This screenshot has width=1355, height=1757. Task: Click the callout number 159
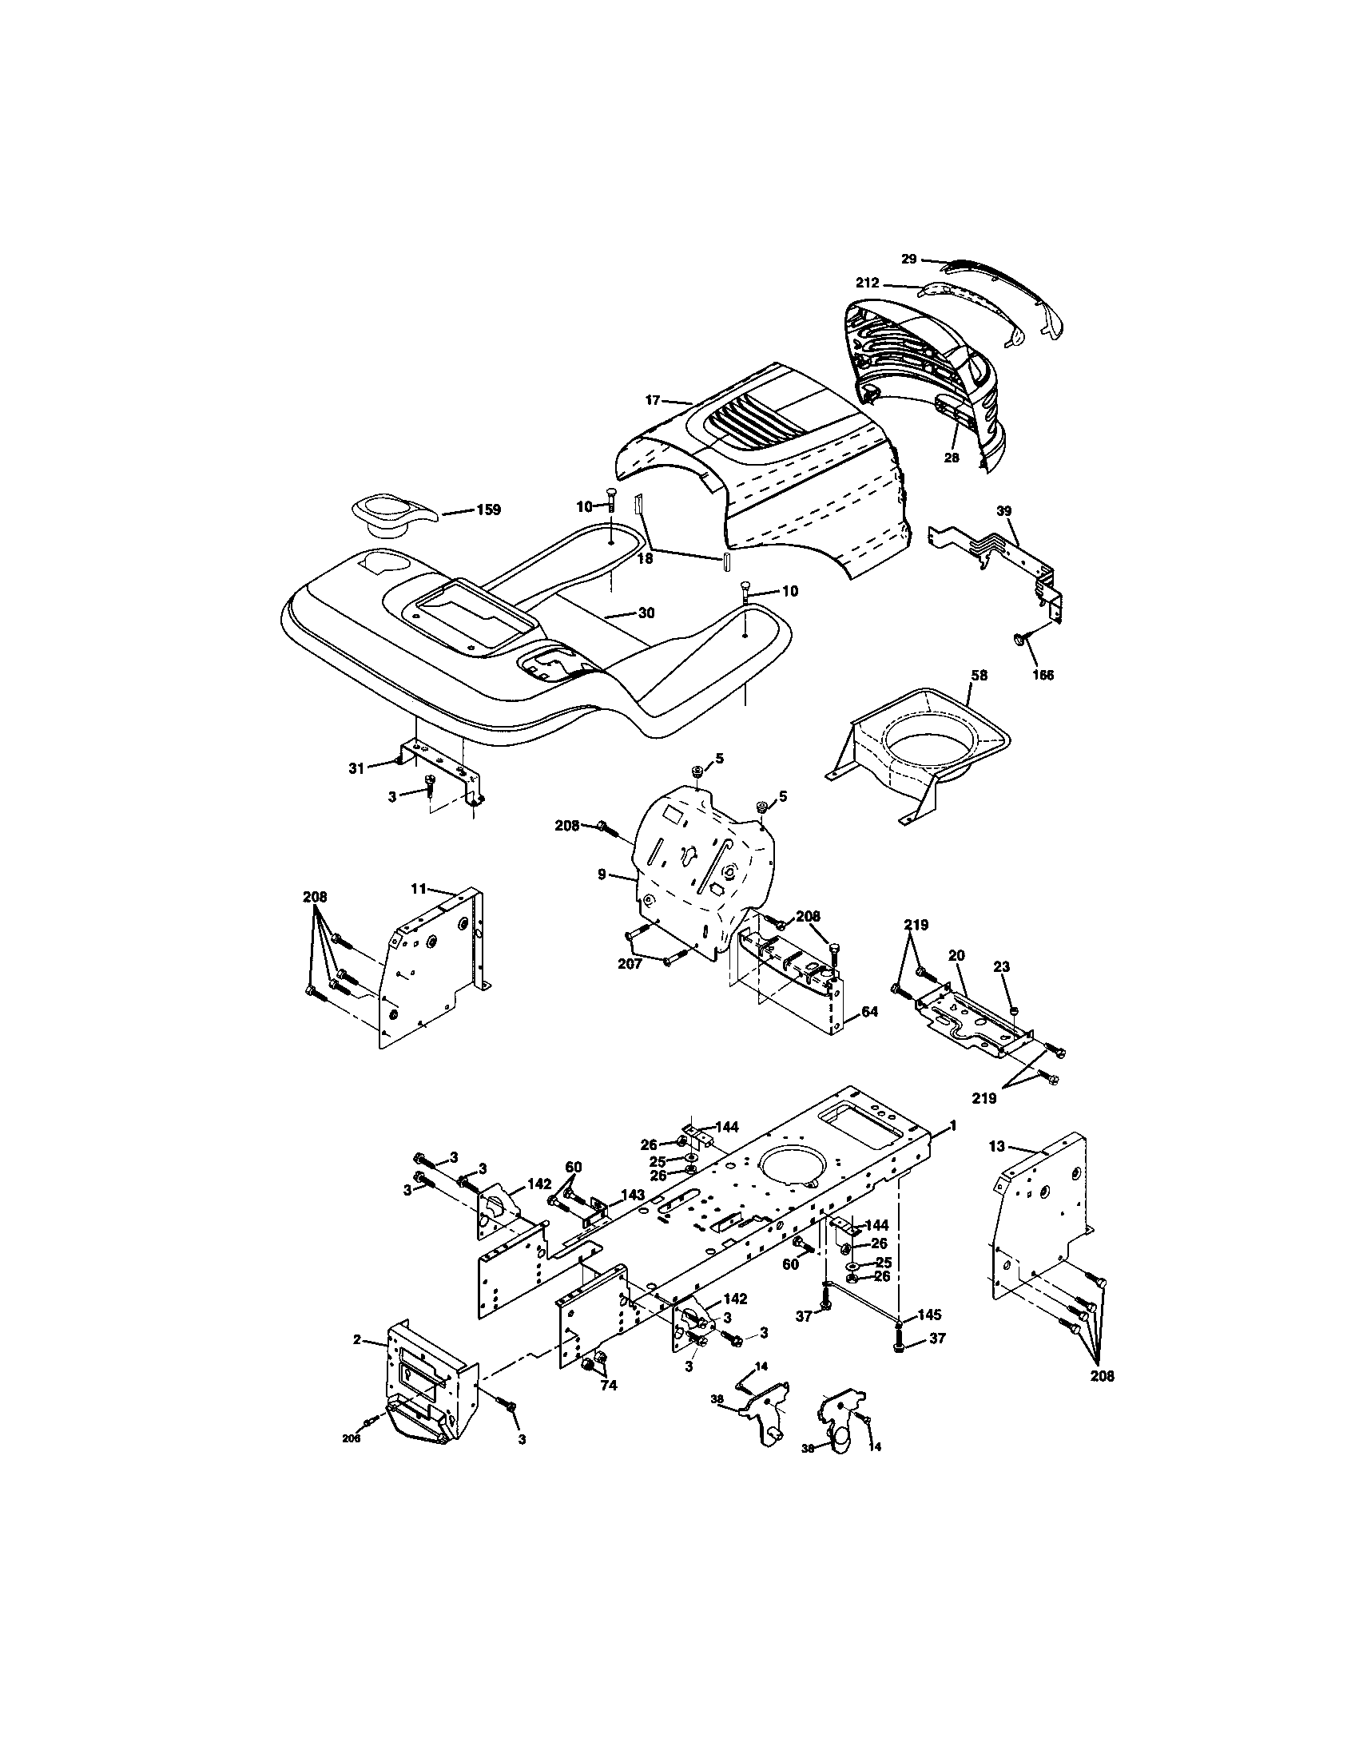click(x=488, y=510)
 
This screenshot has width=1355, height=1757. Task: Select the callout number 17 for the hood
click(x=653, y=400)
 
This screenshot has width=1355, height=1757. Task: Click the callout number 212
click(x=868, y=284)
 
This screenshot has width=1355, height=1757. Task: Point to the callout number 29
click(x=908, y=259)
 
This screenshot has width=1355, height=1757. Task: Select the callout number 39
click(x=1004, y=511)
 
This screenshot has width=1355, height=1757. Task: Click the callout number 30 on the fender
click(x=646, y=613)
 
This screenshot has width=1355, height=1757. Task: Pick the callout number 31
click(x=356, y=768)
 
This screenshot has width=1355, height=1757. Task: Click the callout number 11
click(x=418, y=889)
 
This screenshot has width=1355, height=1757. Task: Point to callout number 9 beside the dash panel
click(x=602, y=874)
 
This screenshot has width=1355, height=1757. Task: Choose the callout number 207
click(x=630, y=963)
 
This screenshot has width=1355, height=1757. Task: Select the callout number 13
click(x=997, y=1148)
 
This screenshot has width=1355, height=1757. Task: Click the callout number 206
click(x=351, y=1439)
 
